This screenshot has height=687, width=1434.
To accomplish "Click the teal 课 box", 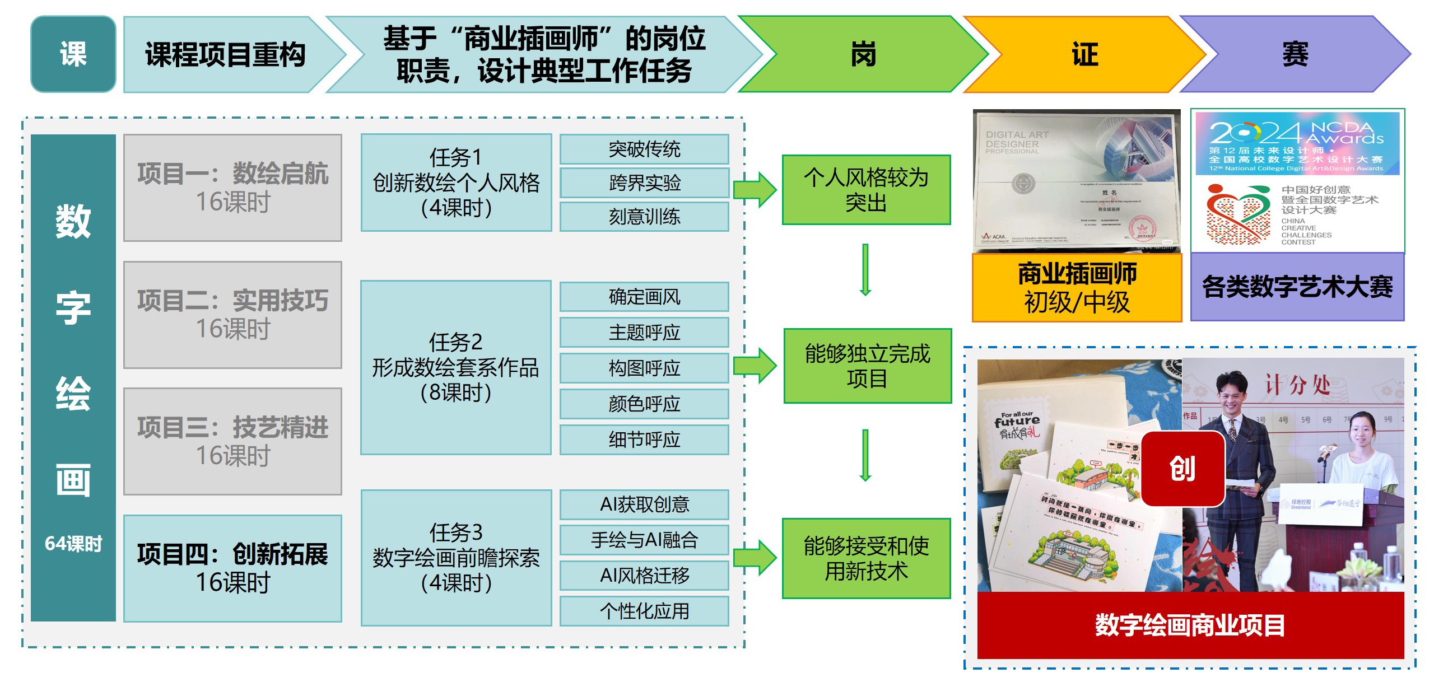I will click(x=73, y=54).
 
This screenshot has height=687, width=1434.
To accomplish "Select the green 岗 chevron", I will click(x=863, y=54).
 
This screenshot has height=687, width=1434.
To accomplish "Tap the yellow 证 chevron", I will click(x=1084, y=54).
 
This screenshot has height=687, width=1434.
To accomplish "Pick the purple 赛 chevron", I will click(x=1295, y=54).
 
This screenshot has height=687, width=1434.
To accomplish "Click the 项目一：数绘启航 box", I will click(x=232, y=188).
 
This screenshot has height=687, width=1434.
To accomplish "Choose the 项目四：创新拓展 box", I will click(x=232, y=568).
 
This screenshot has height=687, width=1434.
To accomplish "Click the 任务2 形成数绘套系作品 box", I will click(x=456, y=367).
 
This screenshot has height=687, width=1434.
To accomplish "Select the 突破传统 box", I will click(x=644, y=149).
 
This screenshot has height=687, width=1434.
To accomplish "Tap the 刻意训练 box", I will click(x=644, y=217).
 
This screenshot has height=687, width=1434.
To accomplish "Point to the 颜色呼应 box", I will click(x=644, y=404).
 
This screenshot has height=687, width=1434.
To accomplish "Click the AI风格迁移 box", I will click(x=644, y=576).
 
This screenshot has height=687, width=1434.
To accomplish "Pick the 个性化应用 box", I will click(x=644, y=611).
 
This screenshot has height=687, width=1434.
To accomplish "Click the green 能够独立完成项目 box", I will click(x=867, y=366).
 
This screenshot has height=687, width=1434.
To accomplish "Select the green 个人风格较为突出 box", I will click(x=866, y=190).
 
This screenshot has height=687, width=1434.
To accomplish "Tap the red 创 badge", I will click(x=1182, y=469).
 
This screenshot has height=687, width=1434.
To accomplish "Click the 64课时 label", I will click(x=73, y=544).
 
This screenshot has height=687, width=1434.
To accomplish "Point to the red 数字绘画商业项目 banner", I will click(x=1190, y=625).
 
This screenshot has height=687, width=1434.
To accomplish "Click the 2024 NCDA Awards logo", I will click(x=1297, y=144).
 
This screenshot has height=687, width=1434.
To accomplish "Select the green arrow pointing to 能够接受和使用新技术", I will click(x=755, y=558).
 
